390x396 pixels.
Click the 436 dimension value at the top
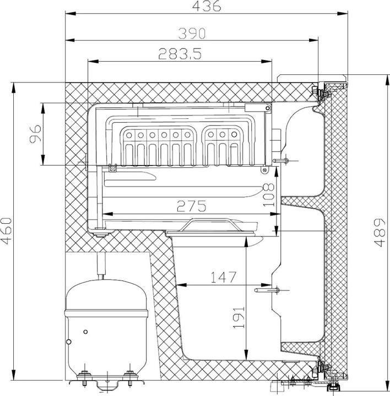coord(207,6)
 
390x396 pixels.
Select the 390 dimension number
coord(192,34)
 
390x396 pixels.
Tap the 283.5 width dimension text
coord(180,53)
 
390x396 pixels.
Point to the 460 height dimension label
coord(6,231)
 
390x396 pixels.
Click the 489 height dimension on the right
coord(380,233)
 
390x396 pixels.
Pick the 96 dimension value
coord(35,134)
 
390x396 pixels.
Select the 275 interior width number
coord(192,206)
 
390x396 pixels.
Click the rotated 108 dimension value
coord(269,195)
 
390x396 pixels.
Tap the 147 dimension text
coord(223,277)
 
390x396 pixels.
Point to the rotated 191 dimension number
coord(239,317)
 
